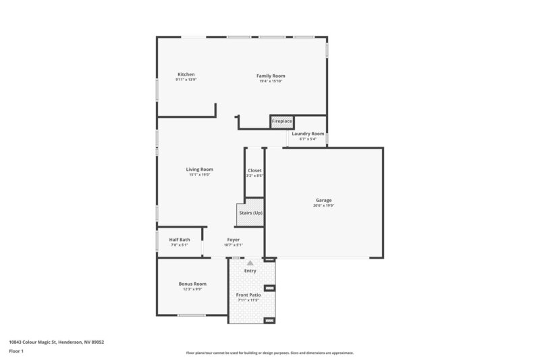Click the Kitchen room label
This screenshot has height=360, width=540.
186,74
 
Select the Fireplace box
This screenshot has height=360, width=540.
281,122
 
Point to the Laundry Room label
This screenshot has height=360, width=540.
308,134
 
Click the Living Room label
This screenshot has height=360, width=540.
200,170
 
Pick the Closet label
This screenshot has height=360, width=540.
254,170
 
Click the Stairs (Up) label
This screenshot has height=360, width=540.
251,213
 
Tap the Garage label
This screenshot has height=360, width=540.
324,200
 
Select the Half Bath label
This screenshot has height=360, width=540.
180,240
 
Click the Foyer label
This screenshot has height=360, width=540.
233,240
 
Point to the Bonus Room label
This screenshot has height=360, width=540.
192,284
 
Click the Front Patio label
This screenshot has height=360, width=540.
249,295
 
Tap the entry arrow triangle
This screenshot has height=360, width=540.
250,263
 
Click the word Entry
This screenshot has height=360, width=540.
250,271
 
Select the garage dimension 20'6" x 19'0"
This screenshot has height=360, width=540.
324,205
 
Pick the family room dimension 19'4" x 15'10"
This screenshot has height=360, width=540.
270,81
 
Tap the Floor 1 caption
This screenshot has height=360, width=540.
16,351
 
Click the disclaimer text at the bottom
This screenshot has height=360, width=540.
269,353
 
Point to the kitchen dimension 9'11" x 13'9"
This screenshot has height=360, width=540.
186,80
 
